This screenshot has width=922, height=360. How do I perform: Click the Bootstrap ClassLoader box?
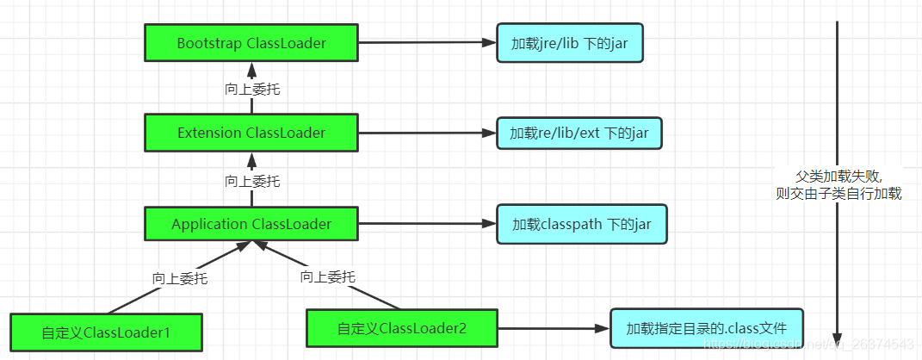(x=251, y=43)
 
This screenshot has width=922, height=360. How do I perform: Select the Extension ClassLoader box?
(x=251, y=133)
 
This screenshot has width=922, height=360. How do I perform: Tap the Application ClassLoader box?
(x=251, y=224)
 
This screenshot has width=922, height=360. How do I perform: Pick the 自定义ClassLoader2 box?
(x=403, y=328)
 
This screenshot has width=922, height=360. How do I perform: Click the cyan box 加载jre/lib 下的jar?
(x=570, y=43)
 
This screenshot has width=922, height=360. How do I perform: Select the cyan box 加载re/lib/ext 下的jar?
(x=579, y=133)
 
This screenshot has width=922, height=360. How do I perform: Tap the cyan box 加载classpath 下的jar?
(x=581, y=225)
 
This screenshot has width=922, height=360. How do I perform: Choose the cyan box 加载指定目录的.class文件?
(x=706, y=328)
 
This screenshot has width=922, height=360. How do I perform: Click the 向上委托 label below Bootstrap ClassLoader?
(x=251, y=89)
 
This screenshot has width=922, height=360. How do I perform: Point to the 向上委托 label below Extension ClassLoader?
(x=251, y=181)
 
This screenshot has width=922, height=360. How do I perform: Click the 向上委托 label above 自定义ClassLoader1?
(x=180, y=278)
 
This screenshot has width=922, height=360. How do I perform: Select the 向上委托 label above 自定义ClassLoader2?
(x=327, y=276)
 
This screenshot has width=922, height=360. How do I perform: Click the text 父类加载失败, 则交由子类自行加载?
(x=838, y=183)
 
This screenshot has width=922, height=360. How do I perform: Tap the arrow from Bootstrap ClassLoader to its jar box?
(x=426, y=43)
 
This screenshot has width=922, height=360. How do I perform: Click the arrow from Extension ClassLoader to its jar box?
(x=426, y=133)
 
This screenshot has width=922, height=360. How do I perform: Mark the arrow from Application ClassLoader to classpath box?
(x=426, y=225)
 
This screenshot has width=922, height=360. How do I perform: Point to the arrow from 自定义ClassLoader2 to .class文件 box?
(x=551, y=328)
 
